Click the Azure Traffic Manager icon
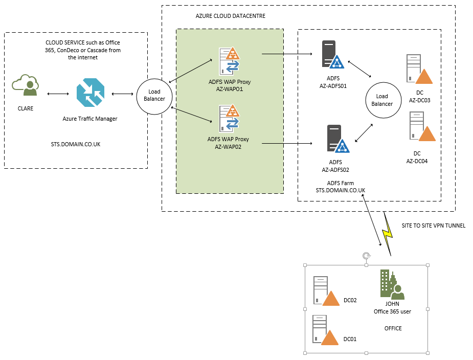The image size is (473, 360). [x=91, y=94]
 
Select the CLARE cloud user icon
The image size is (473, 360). [x=26, y=86]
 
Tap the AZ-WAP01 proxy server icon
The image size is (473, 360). [x=229, y=61]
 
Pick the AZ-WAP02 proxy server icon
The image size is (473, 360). [x=229, y=119]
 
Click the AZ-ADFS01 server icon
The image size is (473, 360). [x=331, y=55]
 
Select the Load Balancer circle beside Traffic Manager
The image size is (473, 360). [x=154, y=95]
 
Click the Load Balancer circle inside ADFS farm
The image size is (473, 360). [x=382, y=100]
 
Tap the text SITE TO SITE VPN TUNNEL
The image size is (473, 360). [x=434, y=226]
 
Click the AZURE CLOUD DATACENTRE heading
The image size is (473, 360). [x=230, y=16]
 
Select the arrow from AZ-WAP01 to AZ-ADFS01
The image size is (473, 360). [x=287, y=53]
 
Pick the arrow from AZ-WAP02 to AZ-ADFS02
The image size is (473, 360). [x=287, y=144]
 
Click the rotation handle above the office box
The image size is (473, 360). [x=366, y=256]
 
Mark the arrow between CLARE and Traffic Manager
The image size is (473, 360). [x=57, y=94]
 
